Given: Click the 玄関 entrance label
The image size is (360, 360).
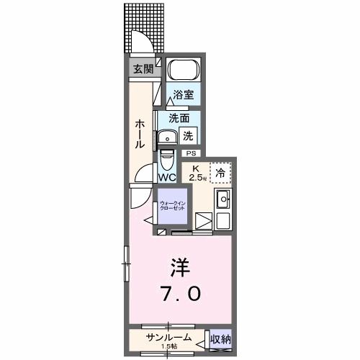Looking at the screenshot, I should [143, 69].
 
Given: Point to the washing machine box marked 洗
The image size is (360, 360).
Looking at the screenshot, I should [189, 135].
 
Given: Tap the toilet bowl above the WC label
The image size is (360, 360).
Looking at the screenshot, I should [167, 157].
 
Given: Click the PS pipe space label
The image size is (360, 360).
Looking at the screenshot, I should [191, 153].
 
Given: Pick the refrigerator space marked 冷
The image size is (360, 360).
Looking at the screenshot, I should [220, 172].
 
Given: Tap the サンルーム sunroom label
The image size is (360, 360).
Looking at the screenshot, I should [168, 336].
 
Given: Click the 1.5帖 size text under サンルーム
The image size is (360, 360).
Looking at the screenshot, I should [168, 346].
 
